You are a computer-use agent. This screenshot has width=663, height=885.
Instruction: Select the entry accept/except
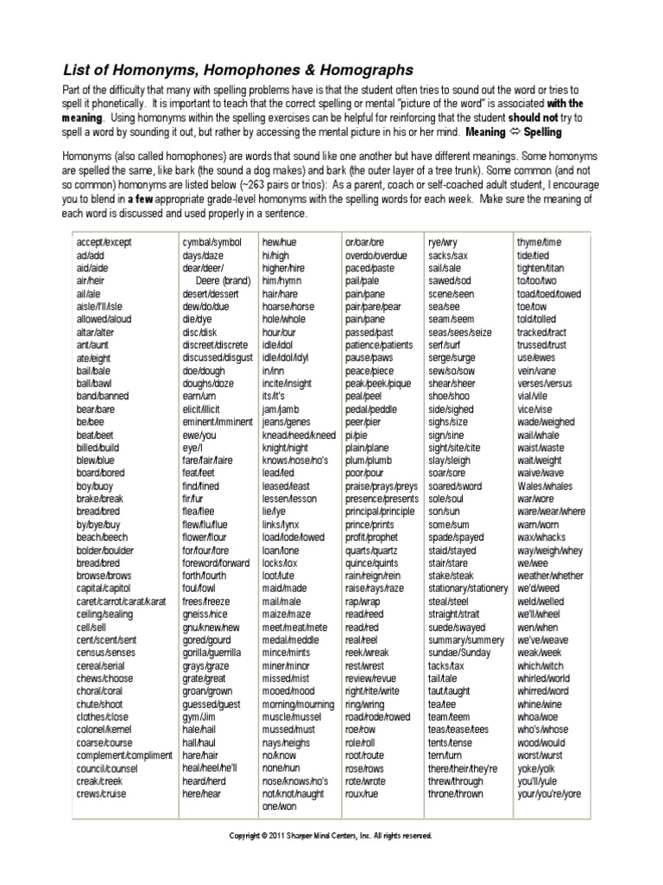coord(104,244)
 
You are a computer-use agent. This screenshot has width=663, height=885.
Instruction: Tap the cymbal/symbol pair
coord(212,244)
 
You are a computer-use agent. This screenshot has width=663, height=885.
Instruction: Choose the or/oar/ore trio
coord(365,244)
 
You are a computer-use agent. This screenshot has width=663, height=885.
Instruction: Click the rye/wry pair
coord(447,244)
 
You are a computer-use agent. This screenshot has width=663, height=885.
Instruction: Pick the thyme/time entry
coord(539,244)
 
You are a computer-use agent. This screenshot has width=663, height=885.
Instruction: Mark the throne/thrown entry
coord(455,793)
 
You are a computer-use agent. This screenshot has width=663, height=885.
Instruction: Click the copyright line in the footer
coord(330,836)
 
